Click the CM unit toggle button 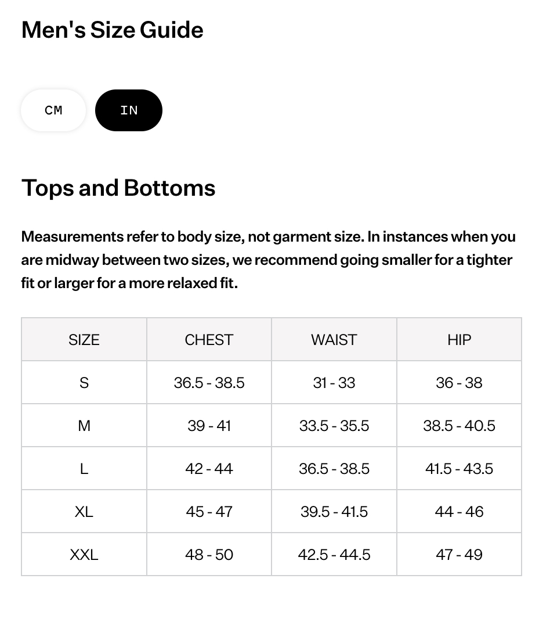[53, 110]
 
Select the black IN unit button [129, 110]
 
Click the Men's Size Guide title [113, 30]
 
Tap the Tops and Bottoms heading [118, 188]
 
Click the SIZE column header [84, 340]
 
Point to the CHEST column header [209, 340]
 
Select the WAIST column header [334, 340]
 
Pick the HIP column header [459, 340]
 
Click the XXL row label [84, 555]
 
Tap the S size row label [84, 383]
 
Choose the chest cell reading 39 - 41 [209, 426]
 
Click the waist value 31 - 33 [334, 383]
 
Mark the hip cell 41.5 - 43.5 [459, 469]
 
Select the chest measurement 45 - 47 [209, 512]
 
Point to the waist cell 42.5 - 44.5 [334, 555]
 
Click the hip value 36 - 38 [459, 383]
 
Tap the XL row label [84, 512]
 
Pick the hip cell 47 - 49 [459, 555]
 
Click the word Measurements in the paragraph [72, 237]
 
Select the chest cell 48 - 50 [209, 555]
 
